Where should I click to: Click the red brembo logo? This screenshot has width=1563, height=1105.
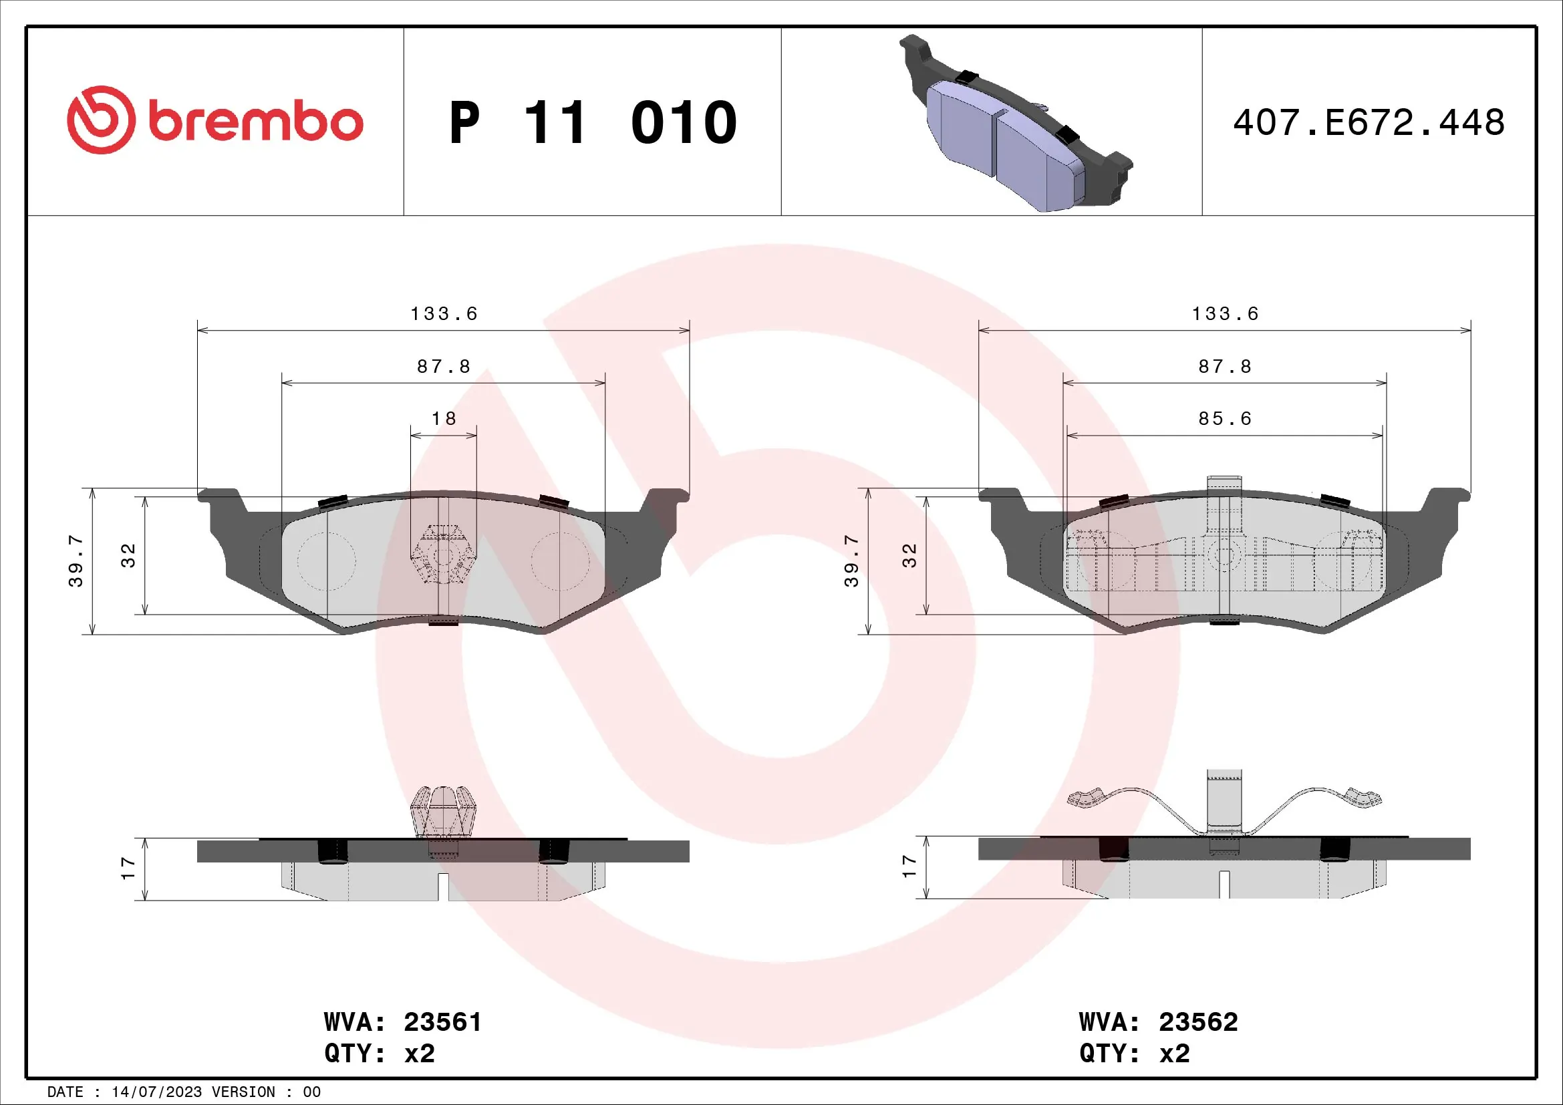[215, 120]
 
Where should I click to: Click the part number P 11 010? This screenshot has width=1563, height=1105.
[592, 122]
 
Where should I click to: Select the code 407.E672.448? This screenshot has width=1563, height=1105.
[1369, 122]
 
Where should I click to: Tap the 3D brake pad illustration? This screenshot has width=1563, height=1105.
[1014, 126]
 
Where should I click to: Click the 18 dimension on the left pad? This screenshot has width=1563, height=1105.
[444, 418]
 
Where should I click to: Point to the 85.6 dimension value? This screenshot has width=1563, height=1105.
[1225, 418]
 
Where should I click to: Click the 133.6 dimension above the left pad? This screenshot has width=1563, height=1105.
[444, 314]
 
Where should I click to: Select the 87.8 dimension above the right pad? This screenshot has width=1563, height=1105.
[1225, 367]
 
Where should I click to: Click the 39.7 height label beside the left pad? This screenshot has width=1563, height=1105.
[76, 561]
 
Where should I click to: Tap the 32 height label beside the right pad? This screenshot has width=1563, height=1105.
[909, 555]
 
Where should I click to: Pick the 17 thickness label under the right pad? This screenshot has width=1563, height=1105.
[909, 866]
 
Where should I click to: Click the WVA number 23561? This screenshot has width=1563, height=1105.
[442, 1022]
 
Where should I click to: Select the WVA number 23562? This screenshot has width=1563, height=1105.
[1198, 1022]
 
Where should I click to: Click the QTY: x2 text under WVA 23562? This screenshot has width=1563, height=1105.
[1134, 1054]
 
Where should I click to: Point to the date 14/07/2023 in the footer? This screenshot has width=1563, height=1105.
[156, 1092]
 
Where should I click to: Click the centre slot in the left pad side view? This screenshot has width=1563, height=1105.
[443, 887]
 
